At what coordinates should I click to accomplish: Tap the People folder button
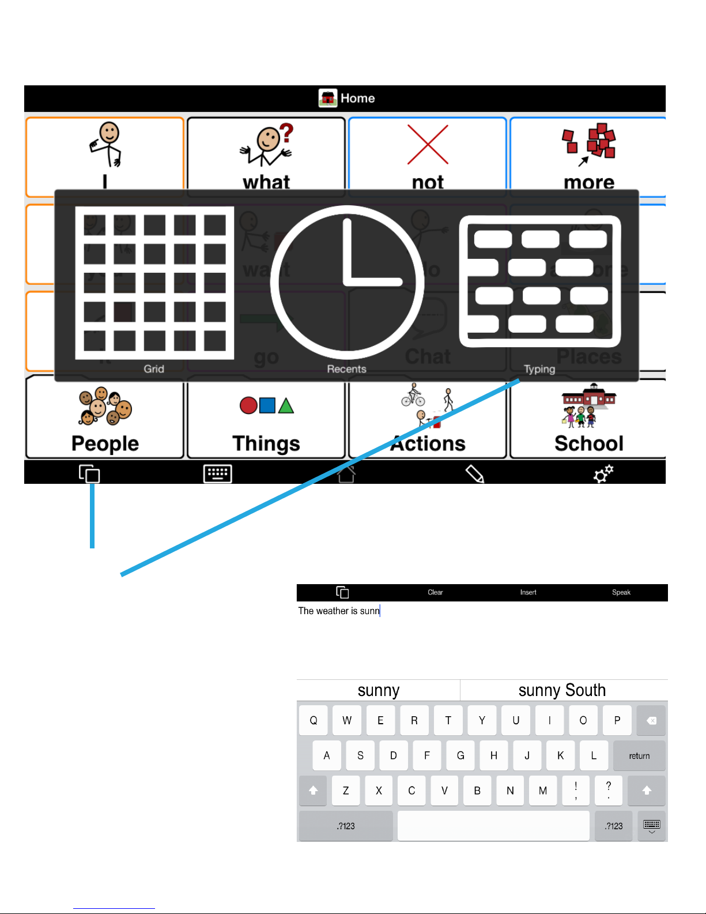(105, 418)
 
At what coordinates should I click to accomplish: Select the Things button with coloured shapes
(266, 418)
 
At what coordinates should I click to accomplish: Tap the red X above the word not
(428, 145)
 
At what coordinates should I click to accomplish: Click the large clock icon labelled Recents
(347, 283)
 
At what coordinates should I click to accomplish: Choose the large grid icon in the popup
(154, 283)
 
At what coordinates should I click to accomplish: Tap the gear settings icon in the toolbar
(603, 474)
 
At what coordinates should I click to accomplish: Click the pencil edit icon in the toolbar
(474, 474)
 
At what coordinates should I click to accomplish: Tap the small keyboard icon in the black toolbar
(218, 474)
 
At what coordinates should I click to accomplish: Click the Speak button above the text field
(621, 592)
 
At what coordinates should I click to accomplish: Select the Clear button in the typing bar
(435, 592)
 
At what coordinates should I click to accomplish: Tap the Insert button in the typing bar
(528, 592)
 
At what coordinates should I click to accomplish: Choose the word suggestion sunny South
(562, 690)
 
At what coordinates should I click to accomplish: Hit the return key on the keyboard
(639, 755)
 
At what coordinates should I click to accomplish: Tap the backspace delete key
(651, 720)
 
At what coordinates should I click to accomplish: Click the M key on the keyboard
(543, 791)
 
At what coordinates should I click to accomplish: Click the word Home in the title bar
(357, 99)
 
